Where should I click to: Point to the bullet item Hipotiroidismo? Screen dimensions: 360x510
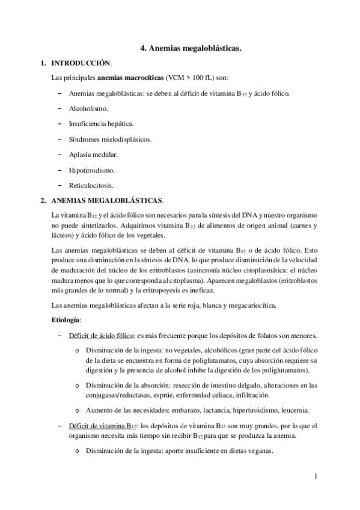click(92, 170)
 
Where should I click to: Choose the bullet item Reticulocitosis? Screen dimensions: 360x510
click(91, 185)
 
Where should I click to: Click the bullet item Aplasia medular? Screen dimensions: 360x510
click(92, 155)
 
